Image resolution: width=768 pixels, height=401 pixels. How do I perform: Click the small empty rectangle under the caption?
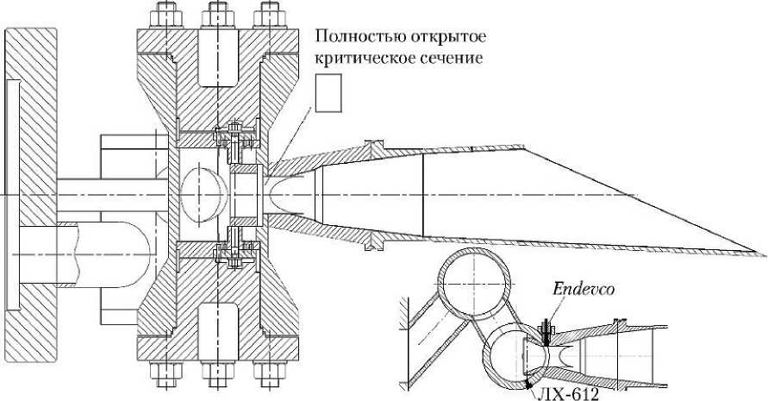tap(328, 92)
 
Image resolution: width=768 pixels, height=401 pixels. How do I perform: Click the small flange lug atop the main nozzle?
tap(373, 142)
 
